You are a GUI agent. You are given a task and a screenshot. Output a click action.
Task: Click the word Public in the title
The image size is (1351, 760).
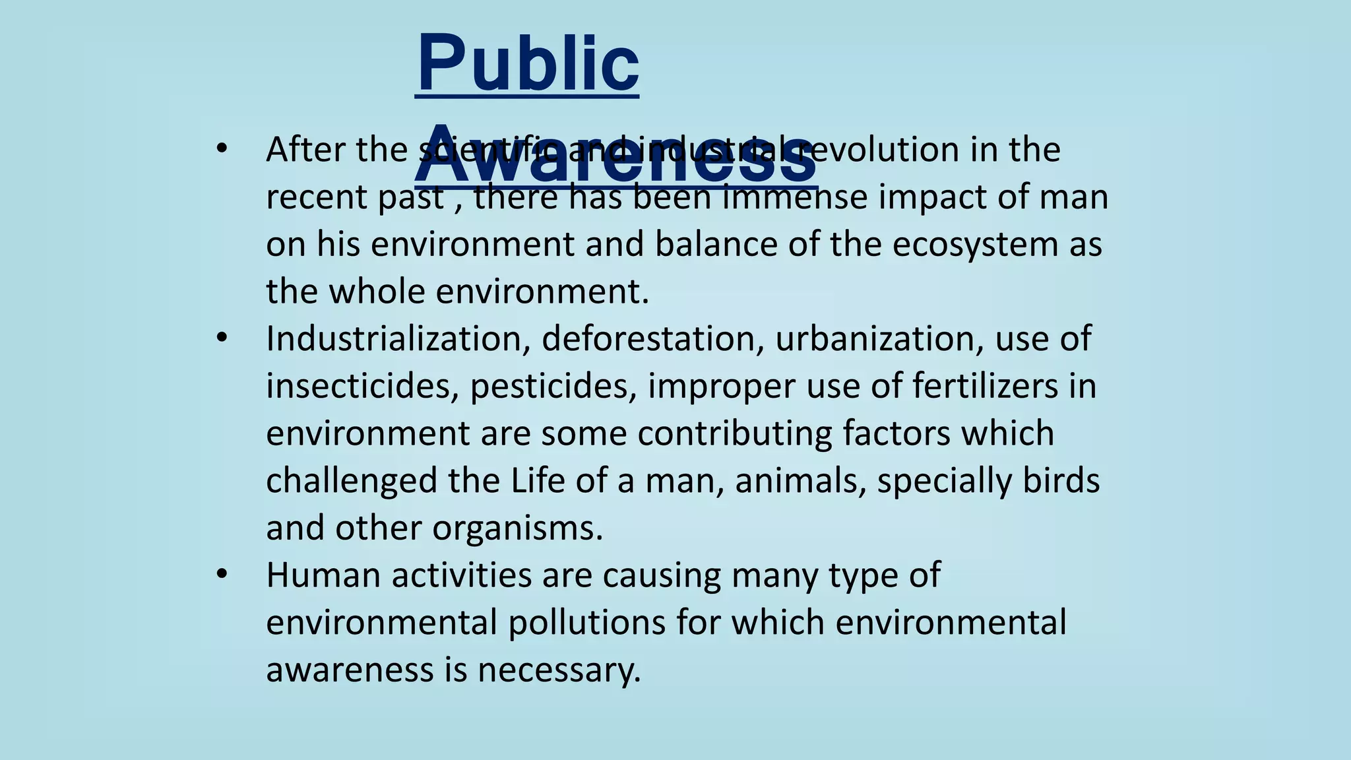click(528, 65)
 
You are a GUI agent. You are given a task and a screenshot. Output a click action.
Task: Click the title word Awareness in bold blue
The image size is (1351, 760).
click(615, 156)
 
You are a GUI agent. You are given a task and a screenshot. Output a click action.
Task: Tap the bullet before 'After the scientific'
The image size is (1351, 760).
click(222, 149)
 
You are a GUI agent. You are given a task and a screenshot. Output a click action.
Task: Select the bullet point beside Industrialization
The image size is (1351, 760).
click(222, 338)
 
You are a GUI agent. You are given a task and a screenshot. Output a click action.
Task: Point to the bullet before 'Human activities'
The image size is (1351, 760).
click(222, 574)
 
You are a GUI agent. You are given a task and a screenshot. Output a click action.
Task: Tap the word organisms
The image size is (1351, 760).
click(517, 528)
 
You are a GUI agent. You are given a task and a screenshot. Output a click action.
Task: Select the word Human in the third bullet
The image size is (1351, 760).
click(323, 575)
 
